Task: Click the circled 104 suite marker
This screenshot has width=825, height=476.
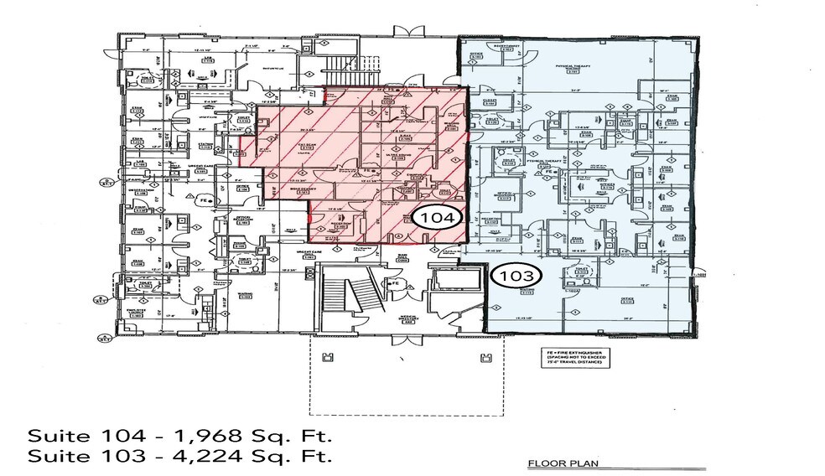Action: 437,218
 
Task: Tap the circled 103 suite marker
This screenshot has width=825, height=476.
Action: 516,274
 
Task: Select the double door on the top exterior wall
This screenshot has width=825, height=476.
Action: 412,32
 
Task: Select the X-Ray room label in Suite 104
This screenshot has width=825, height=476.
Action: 406,135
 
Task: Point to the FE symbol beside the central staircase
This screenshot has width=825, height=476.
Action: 393,285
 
